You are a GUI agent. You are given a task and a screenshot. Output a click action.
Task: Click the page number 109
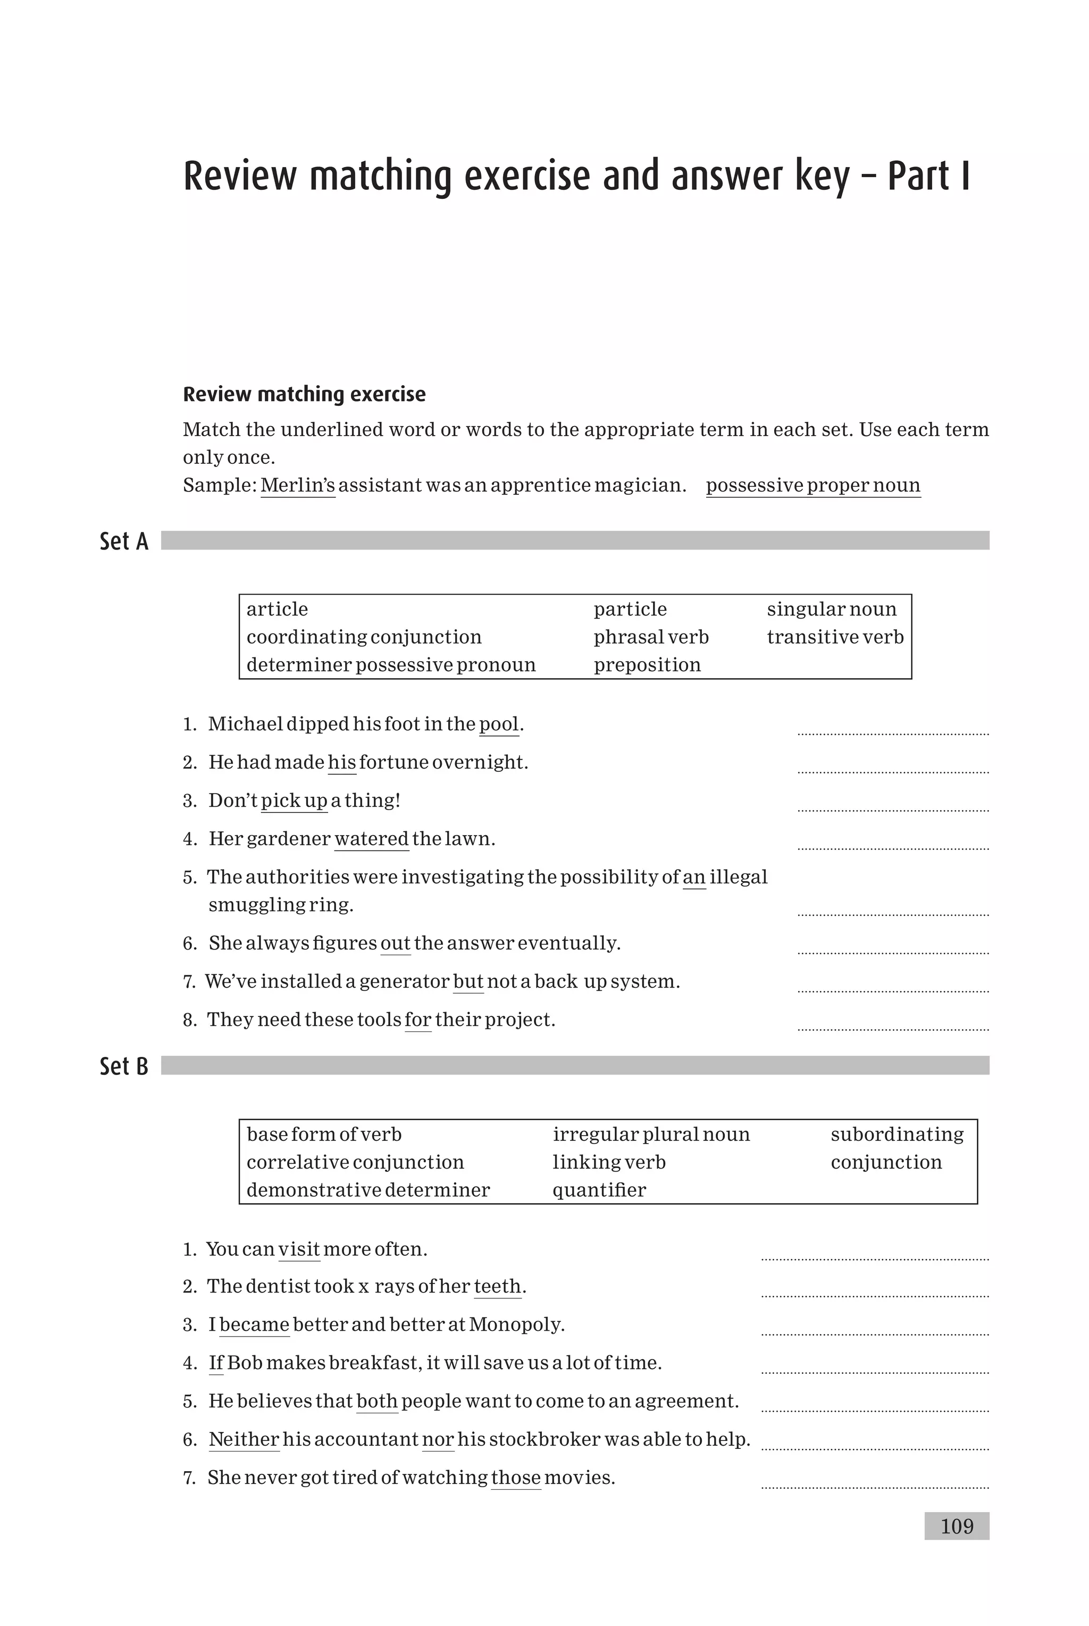coord(957,1526)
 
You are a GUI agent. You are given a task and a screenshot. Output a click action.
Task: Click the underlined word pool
coord(499,724)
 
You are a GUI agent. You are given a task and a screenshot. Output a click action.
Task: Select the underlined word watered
coord(372,839)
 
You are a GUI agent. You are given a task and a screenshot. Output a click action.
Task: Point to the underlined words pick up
coord(294,801)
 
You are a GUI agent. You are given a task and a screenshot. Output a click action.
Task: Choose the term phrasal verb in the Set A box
coord(651,637)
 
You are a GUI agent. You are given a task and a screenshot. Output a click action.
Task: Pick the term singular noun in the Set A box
coord(831,609)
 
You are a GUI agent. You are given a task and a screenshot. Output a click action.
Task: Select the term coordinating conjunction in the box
coord(364,637)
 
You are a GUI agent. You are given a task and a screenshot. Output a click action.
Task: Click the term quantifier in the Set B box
coord(599,1190)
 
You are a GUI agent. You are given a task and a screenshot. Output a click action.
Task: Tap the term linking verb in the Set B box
coord(608,1162)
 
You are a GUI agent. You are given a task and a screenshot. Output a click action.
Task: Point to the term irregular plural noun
coord(651,1134)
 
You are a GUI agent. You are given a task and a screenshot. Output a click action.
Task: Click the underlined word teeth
coord(497,1286)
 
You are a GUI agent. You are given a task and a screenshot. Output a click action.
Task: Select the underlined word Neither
coord(244,1439)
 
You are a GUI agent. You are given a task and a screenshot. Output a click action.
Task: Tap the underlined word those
coord(515,1478)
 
